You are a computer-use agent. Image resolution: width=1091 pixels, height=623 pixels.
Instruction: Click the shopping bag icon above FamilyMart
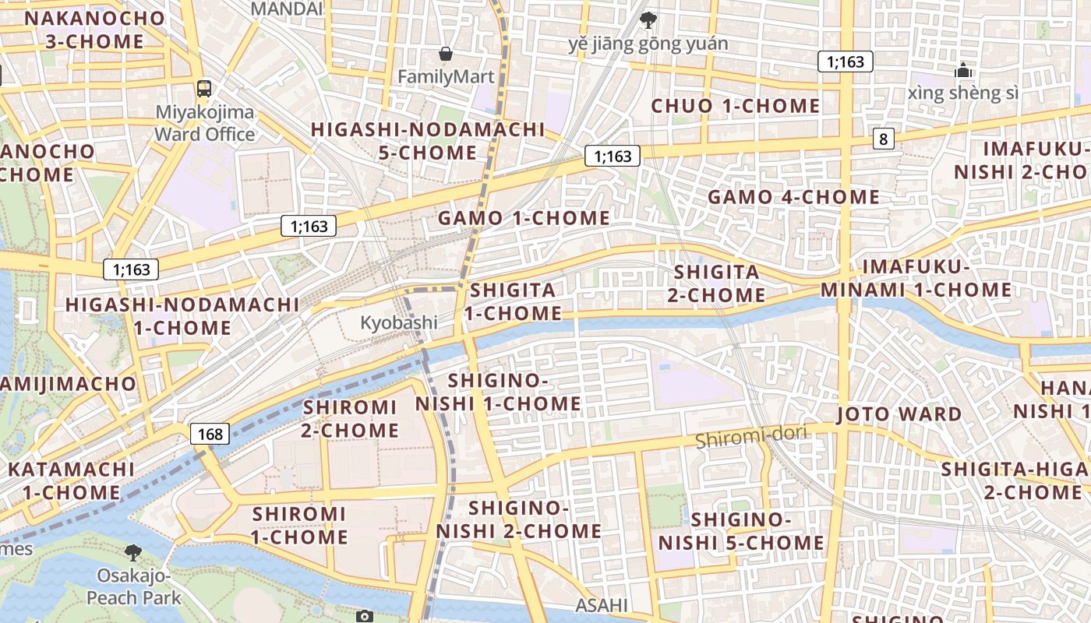point(445,54)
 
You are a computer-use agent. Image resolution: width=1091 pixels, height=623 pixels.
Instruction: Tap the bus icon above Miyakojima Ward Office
point(204,88)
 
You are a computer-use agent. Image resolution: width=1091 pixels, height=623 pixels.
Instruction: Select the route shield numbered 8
point(883,139)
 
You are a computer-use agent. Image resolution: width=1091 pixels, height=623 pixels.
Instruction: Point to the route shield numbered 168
point(210,434)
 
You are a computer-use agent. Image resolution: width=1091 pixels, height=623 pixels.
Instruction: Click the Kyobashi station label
point(398,322)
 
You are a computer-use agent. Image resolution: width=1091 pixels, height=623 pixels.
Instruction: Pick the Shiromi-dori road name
point(750,437)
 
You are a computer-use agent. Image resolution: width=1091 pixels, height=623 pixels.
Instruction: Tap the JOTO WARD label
point(899,414)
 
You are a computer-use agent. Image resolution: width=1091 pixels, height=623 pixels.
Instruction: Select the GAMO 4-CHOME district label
point(793,197)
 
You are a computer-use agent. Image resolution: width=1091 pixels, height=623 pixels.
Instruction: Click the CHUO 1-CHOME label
point(735,106)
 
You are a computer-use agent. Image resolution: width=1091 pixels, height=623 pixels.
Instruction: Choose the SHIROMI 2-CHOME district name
point(351,418)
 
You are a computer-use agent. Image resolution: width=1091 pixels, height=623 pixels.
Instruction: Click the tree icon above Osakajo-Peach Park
point(133,552)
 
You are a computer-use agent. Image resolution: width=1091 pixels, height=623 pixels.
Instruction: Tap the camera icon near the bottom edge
point(364,616)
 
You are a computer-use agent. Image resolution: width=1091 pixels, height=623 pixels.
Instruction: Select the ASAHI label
point(601,605)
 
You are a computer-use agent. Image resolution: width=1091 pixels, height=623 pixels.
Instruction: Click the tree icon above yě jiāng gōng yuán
point(647,19)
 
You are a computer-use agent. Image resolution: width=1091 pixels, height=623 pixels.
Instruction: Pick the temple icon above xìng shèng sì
point(964,71)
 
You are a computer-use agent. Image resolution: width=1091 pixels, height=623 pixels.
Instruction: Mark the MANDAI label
point(287,9)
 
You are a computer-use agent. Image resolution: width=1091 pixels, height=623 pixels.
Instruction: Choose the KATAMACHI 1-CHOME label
point(71,480)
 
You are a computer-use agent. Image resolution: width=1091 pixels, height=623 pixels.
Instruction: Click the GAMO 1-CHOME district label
point(524,218)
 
